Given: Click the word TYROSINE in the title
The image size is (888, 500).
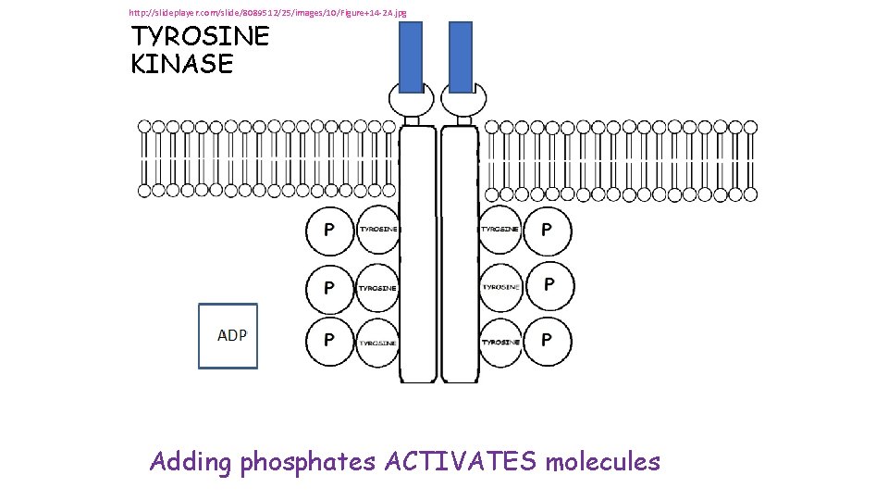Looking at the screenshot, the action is coord(200,37).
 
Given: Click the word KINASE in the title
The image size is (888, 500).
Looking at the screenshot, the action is coord(182,65).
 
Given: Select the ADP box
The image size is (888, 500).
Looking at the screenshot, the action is coord(228,336).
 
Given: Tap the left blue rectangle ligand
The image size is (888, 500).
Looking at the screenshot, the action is coord(411,57).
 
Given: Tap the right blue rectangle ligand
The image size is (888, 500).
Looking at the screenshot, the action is coord(460,57).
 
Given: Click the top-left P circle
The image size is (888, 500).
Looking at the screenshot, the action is coord(329,230).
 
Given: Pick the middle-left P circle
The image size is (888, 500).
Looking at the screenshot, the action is coord(329,287).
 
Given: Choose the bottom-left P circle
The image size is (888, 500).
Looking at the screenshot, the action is coord(329,341).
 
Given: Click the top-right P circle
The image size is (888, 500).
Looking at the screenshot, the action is coord(547,229).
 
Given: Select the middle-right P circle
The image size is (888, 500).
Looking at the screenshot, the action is coord(549,285).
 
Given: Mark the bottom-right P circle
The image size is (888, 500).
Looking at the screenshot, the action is coord(547,341).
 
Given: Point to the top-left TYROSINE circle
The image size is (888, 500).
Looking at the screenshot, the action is coord(378,230).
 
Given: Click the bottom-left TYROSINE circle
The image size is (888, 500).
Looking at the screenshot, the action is coord(378,342).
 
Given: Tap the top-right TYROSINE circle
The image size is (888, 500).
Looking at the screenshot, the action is coord(500,229).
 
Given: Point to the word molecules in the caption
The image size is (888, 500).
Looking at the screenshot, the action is coord(603,461).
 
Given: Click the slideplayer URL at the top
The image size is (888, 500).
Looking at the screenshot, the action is coord(267,13).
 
